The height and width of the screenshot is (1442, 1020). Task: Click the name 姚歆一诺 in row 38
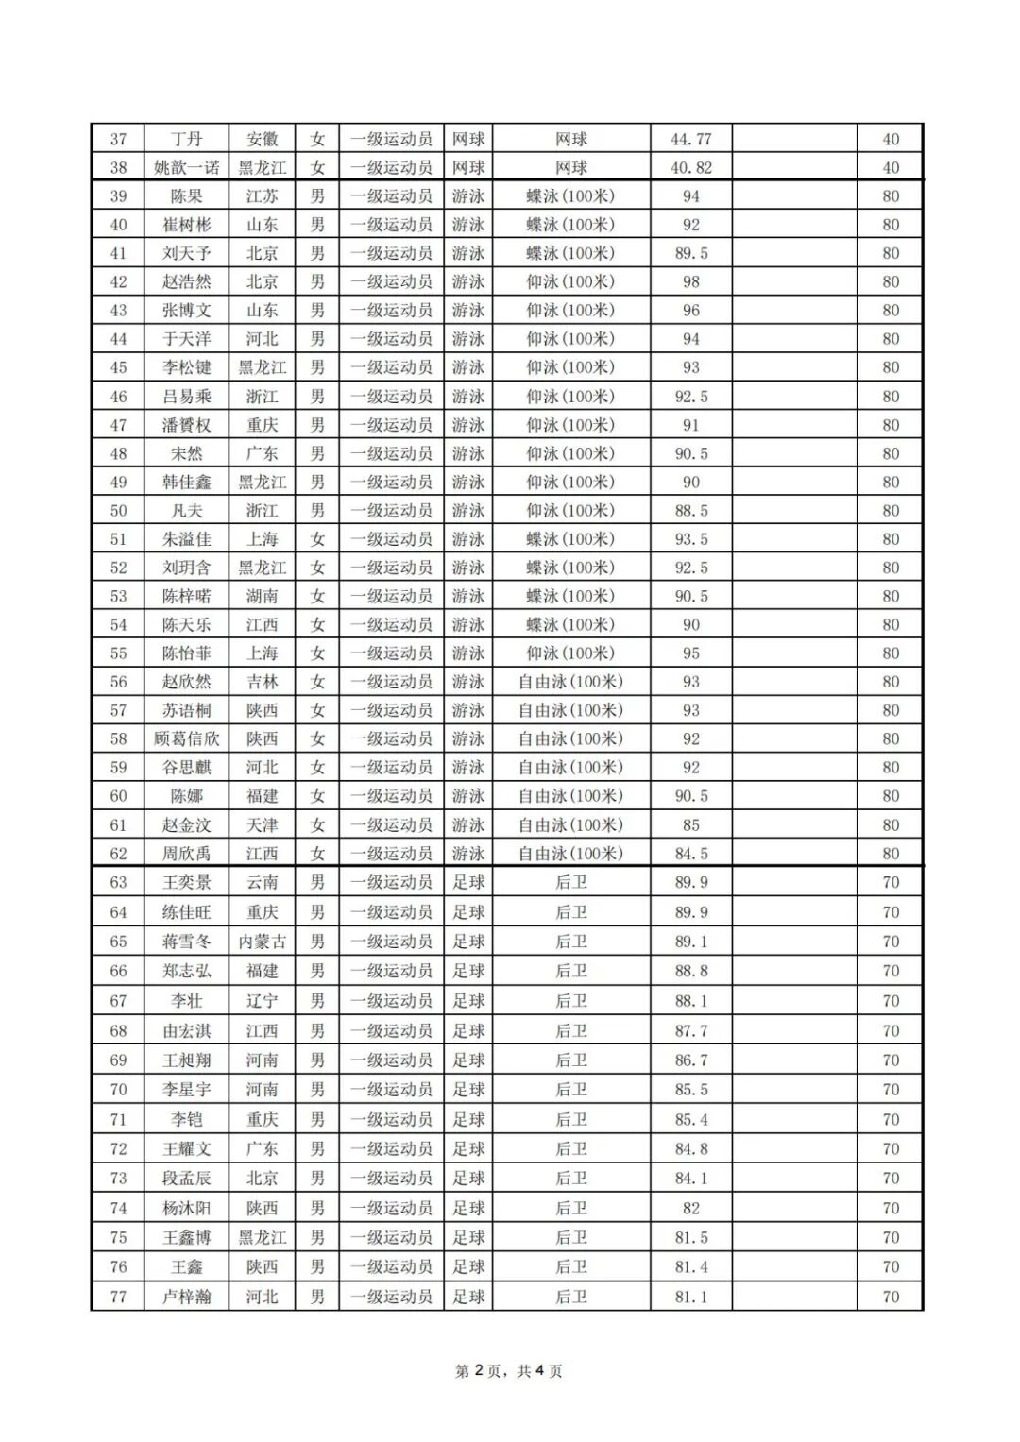(x=187, y=168)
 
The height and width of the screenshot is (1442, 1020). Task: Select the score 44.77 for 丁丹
(x=690, y=140)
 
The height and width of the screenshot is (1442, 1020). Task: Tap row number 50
(x=118, y=511)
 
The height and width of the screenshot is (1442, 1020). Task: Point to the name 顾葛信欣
(x=187, y=739)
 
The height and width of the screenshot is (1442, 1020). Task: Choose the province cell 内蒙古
(x=262, y=942)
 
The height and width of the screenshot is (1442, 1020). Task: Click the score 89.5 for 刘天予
(x=690, y=253)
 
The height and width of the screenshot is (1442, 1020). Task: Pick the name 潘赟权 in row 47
(x=187, y=425)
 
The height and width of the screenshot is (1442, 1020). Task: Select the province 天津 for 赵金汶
(x=262, y=825)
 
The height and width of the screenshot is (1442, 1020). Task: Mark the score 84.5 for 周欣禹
(x=690, y=854)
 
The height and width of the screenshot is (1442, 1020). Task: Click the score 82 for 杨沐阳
(x=690, y=1208)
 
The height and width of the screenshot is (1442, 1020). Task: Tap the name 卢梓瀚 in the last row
(x=187, y=1297)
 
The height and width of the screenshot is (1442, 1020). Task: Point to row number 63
(x=118, y=883)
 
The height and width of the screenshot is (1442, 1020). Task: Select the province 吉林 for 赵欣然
(x=262, y=682)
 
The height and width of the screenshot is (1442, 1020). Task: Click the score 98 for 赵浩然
(x=690, y=281)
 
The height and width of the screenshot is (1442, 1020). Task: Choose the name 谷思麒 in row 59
(x=187, y=768)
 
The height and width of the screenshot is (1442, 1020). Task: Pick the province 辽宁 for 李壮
(x=262, y=1001)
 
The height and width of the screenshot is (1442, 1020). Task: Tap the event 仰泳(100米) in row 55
(x=570, y=653)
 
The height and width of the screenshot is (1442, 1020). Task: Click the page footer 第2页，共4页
(x=509, y=1371)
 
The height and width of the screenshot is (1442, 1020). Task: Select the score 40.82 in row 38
(x=690, y=168)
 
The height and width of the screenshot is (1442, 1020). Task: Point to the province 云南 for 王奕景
(x=262, y=883)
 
